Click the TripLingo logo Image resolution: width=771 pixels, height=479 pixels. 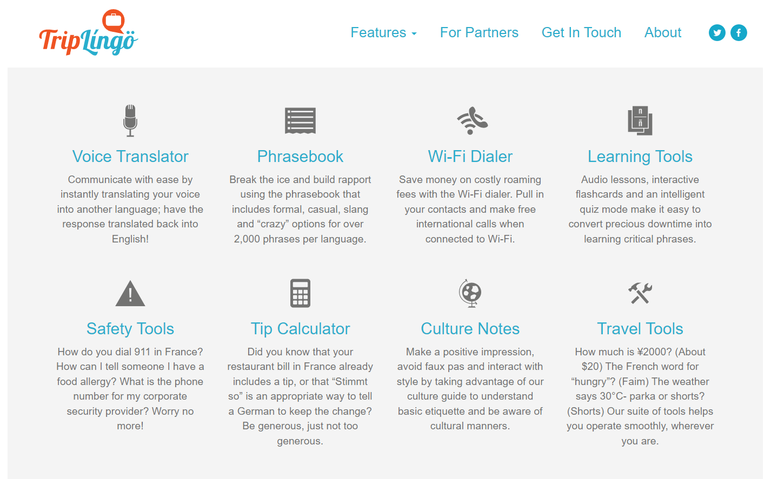coord(89,32)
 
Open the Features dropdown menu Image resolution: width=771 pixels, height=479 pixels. coord(383,32)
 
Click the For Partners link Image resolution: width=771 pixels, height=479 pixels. coord(479,32)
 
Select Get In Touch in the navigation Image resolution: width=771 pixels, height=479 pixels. coord(581,32)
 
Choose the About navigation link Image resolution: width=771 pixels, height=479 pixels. coord(662,32)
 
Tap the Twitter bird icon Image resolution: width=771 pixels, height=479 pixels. coord(717,33)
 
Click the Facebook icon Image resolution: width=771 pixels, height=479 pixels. coord(739,33)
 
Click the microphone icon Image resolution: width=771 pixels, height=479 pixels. coord(130,121)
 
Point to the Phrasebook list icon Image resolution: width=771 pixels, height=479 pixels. coord(300,121)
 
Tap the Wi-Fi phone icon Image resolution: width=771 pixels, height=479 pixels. coord(472,121)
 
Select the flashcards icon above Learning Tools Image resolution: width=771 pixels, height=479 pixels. coord(640,121)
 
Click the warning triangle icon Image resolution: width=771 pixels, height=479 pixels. coord(130,293)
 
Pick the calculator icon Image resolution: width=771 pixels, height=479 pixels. coord(300,293)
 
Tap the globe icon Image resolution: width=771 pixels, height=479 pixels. coord(470,293)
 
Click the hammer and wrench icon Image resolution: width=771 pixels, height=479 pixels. coord(640,293)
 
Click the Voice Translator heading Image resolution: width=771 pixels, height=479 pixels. coord(130,157)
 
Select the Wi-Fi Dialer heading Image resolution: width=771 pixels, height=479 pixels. coord(470,157)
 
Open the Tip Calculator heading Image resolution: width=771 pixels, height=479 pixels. coord(300,329)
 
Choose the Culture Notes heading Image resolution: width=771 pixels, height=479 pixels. coord(470,329)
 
